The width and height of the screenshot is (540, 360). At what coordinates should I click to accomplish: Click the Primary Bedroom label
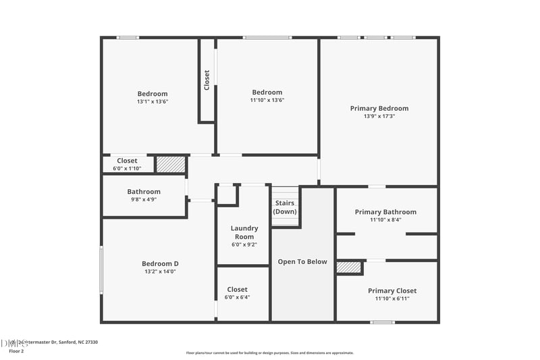[379, 108]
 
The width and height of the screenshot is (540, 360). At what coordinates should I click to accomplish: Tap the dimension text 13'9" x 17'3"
[379, 116]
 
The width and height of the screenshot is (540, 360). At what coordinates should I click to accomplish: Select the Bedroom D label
[160, 263]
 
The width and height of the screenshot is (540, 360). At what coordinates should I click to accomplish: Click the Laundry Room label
[244, 232]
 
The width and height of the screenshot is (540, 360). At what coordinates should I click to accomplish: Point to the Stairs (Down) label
[285, 207]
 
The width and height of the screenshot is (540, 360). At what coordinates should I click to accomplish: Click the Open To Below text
[302, 261]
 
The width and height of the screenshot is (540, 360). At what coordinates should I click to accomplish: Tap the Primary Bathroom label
[385, 211]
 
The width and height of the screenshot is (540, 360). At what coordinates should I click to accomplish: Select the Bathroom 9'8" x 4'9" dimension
[144, 200]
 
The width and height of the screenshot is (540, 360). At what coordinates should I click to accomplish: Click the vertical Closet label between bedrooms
[207, 80]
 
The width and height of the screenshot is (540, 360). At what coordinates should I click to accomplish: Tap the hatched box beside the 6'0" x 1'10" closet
[170, 164]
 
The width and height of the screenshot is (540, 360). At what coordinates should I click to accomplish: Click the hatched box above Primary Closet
[348, 267]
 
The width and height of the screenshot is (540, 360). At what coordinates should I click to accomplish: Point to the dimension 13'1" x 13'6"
[153, 102]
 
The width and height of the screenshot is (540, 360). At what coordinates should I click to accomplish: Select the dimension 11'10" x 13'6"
[267, 101]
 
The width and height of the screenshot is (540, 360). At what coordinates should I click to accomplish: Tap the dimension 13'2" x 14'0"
[160, 272]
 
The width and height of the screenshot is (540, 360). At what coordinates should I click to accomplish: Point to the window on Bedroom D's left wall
[101, 269]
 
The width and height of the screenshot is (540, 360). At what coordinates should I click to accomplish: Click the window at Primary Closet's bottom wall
[382, 322]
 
